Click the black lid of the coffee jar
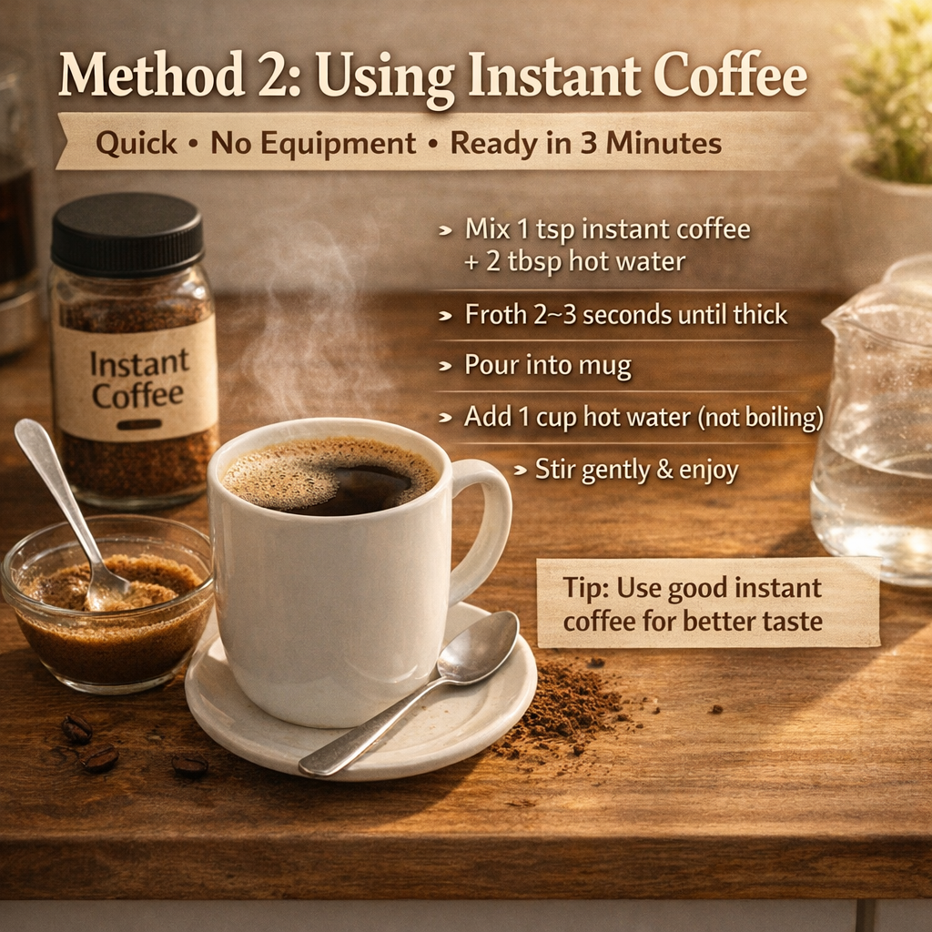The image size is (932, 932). (x=127, y=234)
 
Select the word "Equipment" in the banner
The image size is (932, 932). (x=313, y=144)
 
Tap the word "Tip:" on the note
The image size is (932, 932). (x=586, y=588)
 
